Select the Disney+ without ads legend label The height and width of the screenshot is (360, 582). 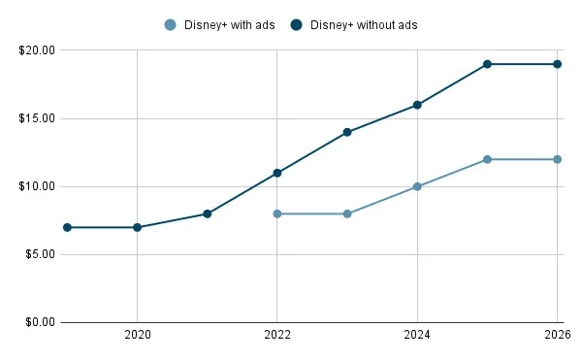point(364,24)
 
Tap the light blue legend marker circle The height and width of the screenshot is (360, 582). point(172,24)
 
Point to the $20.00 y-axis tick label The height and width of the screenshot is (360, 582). point(36,50)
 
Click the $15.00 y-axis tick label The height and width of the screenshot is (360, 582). point(36,118)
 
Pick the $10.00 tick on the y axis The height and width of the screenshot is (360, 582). point(36,186)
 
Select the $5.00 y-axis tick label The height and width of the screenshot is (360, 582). point(39,254)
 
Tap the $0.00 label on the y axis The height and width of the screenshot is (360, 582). point(39,322)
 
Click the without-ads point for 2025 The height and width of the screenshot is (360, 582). point(487,64)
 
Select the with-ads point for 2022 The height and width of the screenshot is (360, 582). point(277,213)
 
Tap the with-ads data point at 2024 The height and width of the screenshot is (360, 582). point(417,186)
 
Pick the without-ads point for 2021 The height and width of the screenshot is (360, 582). point(208,213)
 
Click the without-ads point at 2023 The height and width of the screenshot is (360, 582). point(347,132)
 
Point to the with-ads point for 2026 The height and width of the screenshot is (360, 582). point(557,159)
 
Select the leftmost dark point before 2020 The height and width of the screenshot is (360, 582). point(67,227)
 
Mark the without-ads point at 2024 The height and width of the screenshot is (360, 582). point(417,105)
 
